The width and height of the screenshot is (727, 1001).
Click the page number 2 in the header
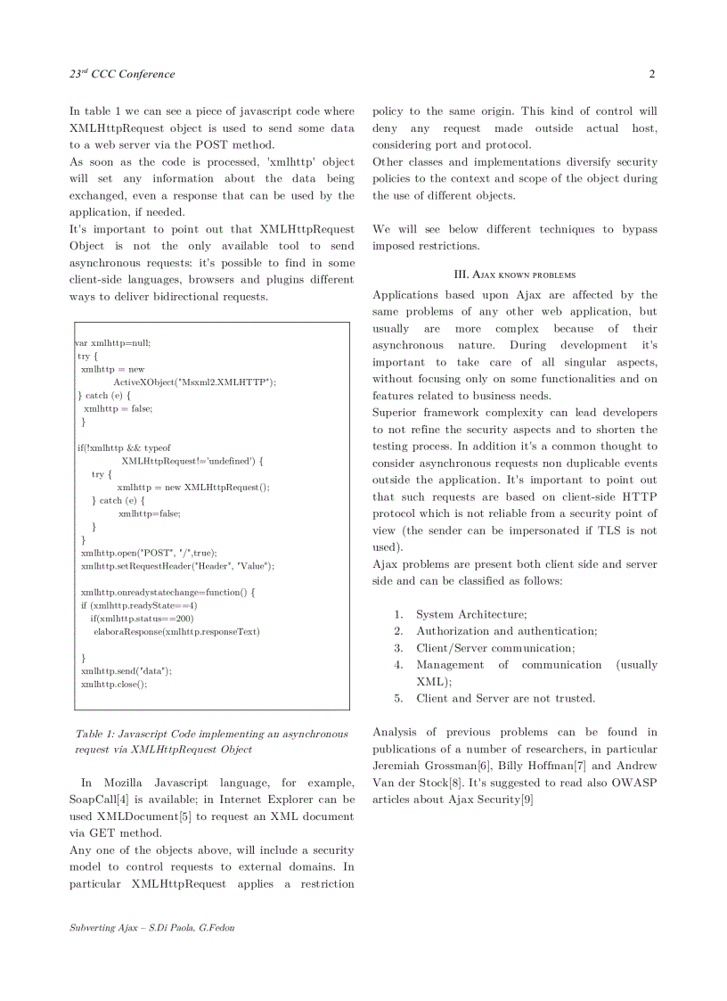tap(652, 74)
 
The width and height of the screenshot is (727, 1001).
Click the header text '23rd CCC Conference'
tap(122, 74)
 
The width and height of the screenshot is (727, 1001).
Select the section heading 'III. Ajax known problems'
tap(515, 275)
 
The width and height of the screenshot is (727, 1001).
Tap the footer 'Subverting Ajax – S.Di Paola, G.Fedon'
tap(152, 928)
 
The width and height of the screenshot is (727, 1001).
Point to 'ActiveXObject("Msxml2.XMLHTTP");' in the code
tap(194, 382)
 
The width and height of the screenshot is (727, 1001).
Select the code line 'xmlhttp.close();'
tap(114, 684)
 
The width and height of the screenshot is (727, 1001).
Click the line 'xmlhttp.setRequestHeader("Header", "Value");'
tap(177, 566)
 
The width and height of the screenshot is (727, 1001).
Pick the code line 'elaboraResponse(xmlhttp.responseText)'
tap(176, 631)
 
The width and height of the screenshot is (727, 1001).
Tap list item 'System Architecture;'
tap(471, 614)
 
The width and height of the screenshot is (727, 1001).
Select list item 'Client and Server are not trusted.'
tap(505, 698)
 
